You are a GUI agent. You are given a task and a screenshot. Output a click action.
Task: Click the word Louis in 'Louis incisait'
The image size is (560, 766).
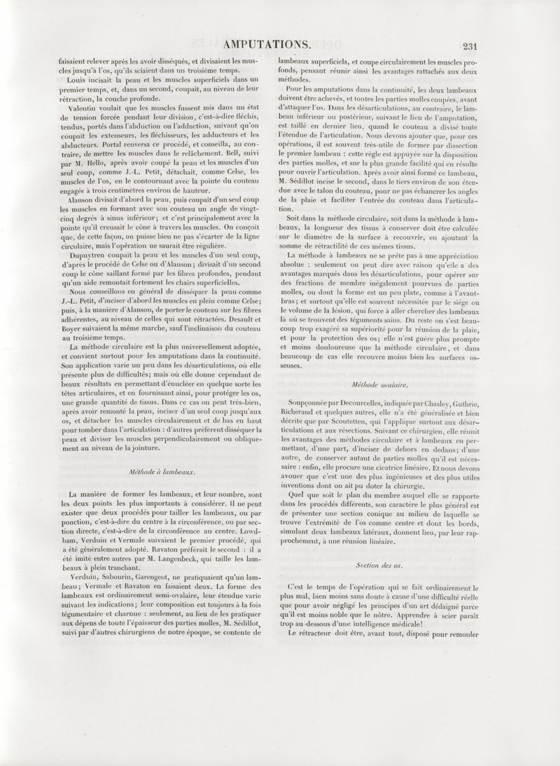(x=73, y=81)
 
